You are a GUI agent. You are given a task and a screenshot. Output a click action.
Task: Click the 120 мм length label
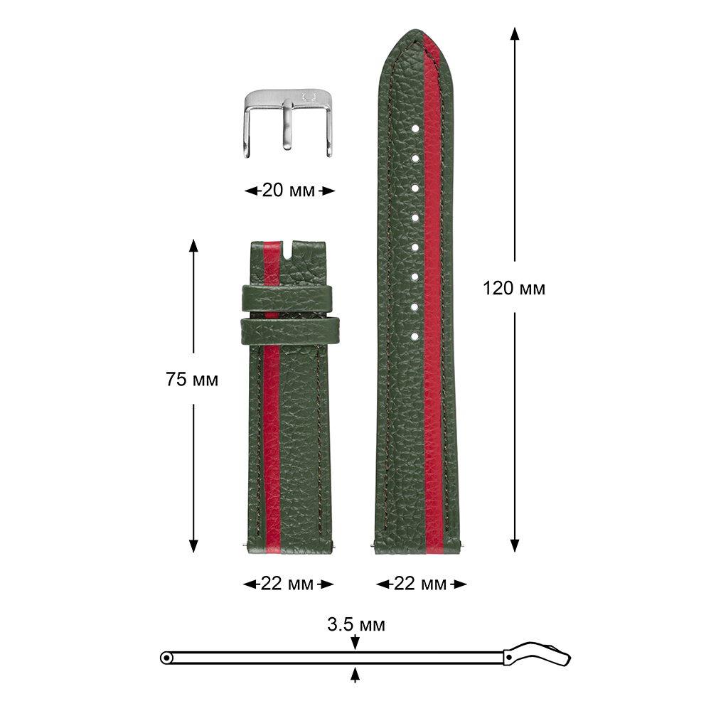514,289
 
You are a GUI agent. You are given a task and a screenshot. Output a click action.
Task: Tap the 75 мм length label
192,379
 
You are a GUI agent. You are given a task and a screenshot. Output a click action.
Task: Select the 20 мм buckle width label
289,191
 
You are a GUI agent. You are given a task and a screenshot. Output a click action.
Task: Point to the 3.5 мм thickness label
356,624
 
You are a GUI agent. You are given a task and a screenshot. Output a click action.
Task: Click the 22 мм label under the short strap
287,584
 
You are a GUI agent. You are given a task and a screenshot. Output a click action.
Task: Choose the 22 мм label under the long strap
420,584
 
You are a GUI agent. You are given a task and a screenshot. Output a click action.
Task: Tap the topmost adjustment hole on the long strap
415,129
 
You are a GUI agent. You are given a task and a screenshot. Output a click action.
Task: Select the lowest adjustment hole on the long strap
415,336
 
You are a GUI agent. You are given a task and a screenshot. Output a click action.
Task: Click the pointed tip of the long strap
415,31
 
